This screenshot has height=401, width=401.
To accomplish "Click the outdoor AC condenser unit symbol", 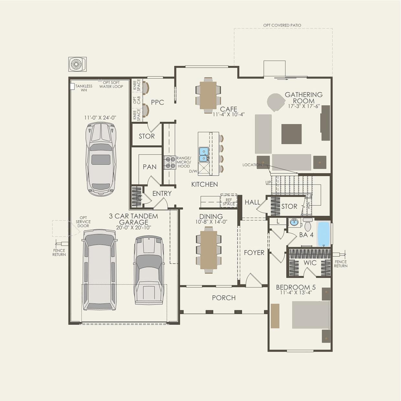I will pyautogui.click(x=77, y=64).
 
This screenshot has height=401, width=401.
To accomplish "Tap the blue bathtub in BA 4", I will pyautogui.click(x=323, y=234).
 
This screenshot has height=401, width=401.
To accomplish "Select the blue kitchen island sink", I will pyautogui.click(x=204, y=155).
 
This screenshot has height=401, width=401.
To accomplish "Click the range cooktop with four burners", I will pyautogui.click(x=170, y=162).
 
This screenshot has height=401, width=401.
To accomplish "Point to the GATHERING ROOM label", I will pyautogui.click(x=304, y=98).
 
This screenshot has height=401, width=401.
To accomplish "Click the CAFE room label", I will pyautogui.click(x=229, y=109).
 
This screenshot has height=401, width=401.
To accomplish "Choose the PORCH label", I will pyautogui.click(x=224, y=298).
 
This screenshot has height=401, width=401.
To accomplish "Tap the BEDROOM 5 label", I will pyautogui.click(x=296, y=287).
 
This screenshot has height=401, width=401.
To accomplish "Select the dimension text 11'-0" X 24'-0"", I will pyautogui.click(x=100, y=118).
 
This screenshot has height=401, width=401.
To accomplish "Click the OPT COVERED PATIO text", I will pyautogui.click(x=282, y=25).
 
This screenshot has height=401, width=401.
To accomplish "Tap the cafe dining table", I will pyautogui.click(x=208, y=95).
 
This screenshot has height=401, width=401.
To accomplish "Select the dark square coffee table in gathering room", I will pyautogui.click(x=291, y=134).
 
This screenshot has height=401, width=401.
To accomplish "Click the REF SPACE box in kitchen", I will pyautogui.click(x=229, y=201).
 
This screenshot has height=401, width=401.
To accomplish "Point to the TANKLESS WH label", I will pyautogui.click(x=83, y=88).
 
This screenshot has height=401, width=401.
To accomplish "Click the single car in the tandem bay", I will pyautogui.click(x=101, y=159).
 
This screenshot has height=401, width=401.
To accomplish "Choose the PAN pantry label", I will pyautogui.click(x=149, y=167).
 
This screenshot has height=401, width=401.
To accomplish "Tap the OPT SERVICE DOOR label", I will pyautogui.click(x=83, y=222).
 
